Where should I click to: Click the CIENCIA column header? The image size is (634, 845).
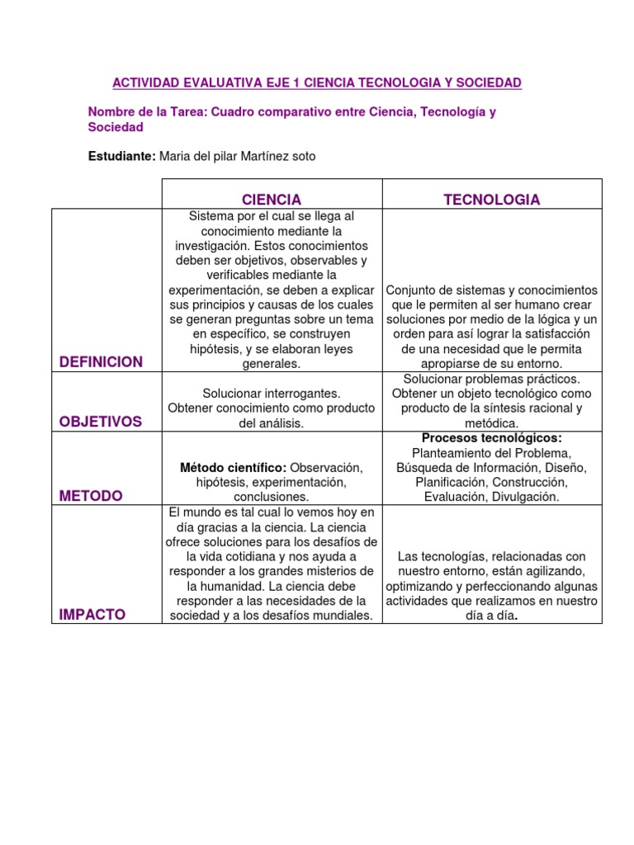[272, 200]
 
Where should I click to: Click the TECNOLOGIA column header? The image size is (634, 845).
[492, 200]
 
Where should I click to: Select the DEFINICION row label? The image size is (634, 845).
[101, 362]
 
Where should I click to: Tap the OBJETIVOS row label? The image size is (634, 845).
[101, 422]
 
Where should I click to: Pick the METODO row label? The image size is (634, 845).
[91, 496]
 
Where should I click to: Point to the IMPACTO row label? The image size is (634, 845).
[92, 615]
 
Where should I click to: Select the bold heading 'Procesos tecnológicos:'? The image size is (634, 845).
[491, 437]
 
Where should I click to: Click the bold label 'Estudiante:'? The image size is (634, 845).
[122, 156]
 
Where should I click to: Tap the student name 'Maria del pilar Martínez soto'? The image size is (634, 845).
[237, 156]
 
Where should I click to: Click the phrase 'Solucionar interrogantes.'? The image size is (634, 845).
[272, 393]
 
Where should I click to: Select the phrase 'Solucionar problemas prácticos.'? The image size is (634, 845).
[492, 378]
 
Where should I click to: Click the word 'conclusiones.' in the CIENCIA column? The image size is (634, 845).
[272, 497]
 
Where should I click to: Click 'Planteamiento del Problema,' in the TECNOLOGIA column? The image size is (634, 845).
[492, 452]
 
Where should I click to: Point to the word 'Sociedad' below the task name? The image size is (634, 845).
[116, 127]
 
